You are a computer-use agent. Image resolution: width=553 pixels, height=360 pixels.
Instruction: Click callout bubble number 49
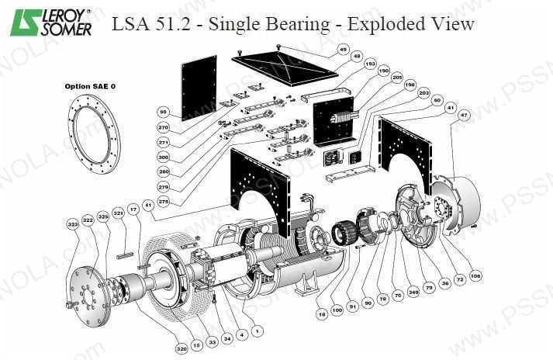coord(343,50)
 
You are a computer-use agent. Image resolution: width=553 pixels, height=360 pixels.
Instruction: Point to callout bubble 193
coord(369,64)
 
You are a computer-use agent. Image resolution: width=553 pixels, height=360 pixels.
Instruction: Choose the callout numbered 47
coord(464,115)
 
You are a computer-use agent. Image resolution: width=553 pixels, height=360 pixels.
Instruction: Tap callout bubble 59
coord(163,111)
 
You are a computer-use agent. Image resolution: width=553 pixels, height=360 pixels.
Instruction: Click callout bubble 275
coord(163,201)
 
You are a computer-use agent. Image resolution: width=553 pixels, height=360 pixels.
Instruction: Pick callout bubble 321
coord(118,213)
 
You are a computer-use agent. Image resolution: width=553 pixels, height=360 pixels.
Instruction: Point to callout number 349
coord(413,292)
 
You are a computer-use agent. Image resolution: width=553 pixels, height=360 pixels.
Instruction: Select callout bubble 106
coord(475,275)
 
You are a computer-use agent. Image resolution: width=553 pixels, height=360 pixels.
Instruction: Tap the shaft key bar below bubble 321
coord(126,254)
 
